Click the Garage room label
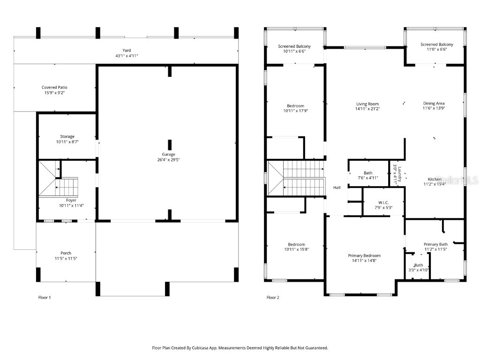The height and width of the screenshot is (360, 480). [x=168, y=154]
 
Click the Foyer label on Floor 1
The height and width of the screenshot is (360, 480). [x=71, y=200]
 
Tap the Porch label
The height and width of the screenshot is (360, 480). [x=66, y=253]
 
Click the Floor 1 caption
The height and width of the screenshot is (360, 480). [x=44, y=297]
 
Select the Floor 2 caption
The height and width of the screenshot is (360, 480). [x=273, y=297]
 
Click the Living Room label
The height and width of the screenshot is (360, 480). [x=367, y=104]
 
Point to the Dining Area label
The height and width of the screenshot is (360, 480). [x=434, y=103]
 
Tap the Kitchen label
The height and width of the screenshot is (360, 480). [x=434, y=179]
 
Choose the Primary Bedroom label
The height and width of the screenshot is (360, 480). [x=364, y=255]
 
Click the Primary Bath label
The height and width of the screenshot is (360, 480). [x=435, y=244]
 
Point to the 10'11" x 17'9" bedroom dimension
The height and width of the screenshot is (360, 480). [x=296, y=111]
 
